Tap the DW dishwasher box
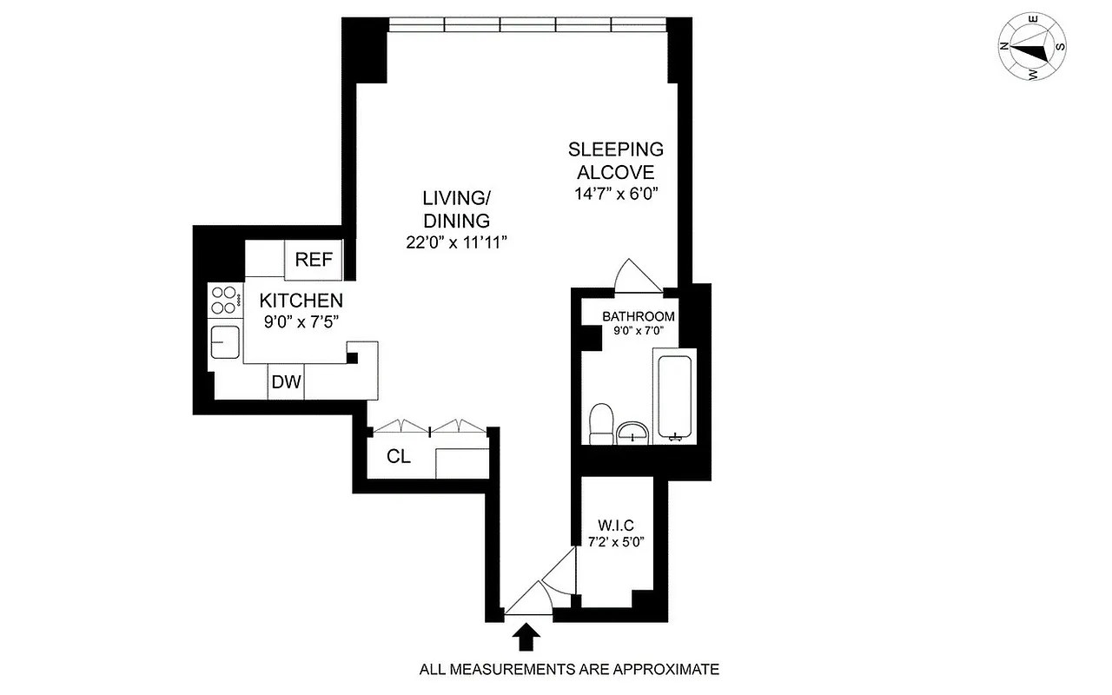coord(286,382)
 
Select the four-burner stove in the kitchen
coord(224,300)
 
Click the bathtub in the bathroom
coord(674,396)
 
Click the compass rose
coord(1033,50)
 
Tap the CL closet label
coord(399,457)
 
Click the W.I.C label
coord(616,526)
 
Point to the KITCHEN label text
coord(301,301)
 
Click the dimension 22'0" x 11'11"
coord(456,243)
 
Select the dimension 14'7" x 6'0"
coord(616,194)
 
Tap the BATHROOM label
coord(639,316)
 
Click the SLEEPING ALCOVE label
coord(616,161)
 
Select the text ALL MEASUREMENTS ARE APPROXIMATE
coord(569,670)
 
